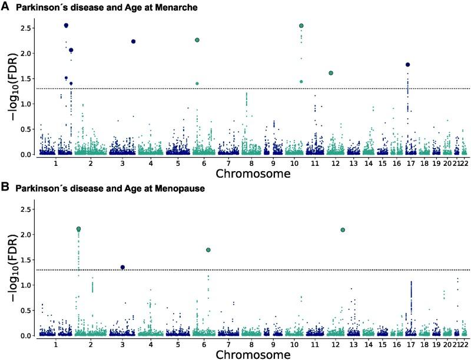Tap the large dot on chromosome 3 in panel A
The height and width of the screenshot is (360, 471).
pyautogui.click(x=134, y=41)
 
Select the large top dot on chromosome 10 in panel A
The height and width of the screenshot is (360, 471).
pyautogui.click(x=301, y=26)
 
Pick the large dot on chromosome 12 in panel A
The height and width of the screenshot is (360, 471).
pyautogui.click(x=331, y=73)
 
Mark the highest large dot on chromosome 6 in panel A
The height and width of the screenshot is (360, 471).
pyautogui.click(x=197, y=40)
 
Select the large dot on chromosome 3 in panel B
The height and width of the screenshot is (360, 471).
pyautogui.click(x=122, y=267)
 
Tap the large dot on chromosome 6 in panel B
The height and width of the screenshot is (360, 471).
pyautogui.click(x=208, y=250)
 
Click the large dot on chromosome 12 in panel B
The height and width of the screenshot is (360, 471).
pyautogui.click(x=343, y=229)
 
